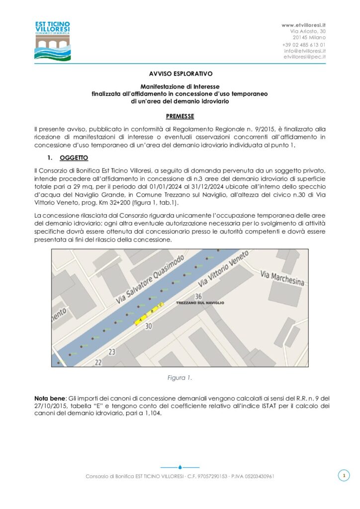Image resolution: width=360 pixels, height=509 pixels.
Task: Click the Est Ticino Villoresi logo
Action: [x=52, y=40]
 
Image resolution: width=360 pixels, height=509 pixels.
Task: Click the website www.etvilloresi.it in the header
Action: [x=303, y=25]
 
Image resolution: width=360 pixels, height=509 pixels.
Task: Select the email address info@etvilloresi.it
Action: [x=305, y=51]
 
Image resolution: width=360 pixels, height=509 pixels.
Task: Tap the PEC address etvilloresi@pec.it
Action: [x=304, y=57]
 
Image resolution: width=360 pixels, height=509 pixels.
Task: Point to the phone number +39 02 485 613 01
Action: [x=304, y=44]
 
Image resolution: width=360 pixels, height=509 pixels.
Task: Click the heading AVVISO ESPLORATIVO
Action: [x=180, y=73]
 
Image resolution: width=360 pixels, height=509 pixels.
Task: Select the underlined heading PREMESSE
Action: [x=180, y=116]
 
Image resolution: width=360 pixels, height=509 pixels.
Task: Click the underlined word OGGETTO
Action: [x=74, y=158]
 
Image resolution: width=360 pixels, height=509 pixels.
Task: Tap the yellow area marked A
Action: [x=141, y=320]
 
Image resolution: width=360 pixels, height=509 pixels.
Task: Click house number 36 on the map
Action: [x=198, y=296]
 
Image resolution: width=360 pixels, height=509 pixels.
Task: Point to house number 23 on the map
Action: [x=112, y=352]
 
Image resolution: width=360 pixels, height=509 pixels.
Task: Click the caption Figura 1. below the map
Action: [x=180, y=378]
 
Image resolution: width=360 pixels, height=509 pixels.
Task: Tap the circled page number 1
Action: [x=343, y=476]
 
